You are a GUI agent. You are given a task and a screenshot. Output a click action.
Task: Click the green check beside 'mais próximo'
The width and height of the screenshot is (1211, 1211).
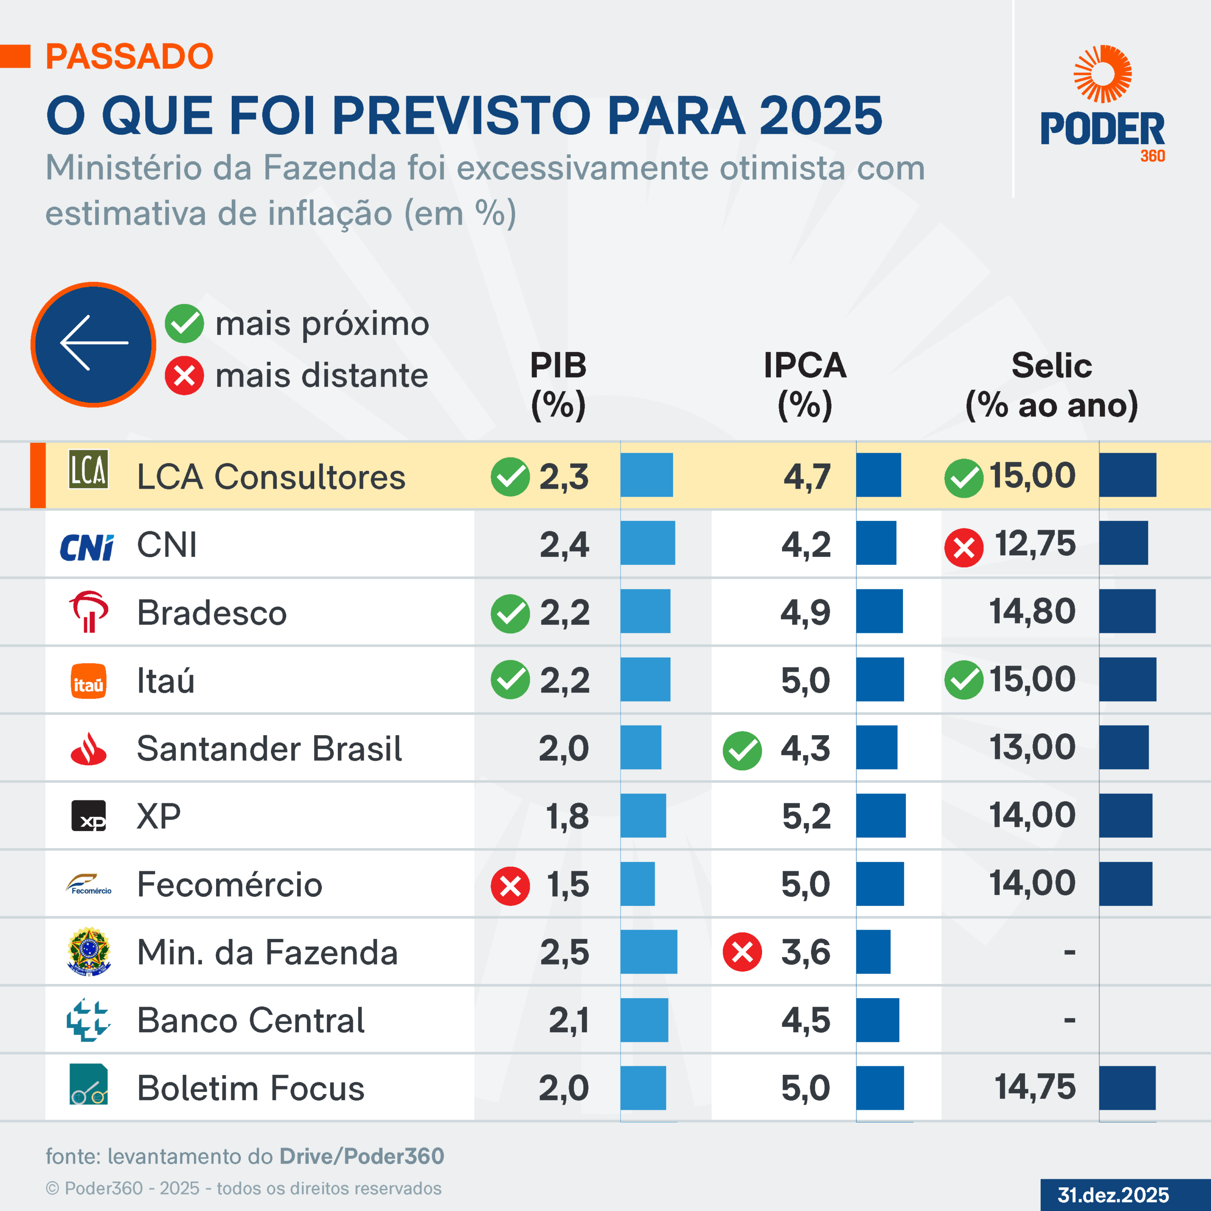184,324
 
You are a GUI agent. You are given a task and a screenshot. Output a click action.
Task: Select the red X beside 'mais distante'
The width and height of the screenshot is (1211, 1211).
184,376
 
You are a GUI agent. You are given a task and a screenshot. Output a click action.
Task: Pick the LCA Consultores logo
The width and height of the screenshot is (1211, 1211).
88,469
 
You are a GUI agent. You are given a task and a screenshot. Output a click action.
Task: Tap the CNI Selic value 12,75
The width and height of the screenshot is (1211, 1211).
1035,544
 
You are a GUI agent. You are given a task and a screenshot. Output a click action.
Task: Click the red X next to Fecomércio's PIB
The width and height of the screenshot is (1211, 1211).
510,886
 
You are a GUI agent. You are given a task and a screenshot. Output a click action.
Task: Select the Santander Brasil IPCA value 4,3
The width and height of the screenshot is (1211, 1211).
806,748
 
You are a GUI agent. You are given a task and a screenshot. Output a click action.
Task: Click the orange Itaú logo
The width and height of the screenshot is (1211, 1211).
88,681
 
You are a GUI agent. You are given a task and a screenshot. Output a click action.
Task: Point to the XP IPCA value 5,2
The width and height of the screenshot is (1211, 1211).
806,816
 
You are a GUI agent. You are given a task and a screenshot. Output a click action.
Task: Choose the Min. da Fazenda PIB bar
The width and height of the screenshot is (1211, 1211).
649,951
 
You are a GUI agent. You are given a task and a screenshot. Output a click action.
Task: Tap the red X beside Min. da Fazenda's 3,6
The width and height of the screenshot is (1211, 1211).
742,952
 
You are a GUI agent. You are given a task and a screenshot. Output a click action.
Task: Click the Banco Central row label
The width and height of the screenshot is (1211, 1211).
251,1020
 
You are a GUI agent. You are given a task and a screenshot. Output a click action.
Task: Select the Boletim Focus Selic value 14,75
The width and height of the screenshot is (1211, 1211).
1035,1087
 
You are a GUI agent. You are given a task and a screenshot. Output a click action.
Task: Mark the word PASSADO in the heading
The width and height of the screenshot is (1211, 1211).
130,56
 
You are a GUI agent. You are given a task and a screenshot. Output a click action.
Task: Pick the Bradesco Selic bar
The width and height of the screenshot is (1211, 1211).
1127,611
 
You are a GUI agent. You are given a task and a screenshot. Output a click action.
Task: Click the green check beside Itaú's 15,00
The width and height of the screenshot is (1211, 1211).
964,680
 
